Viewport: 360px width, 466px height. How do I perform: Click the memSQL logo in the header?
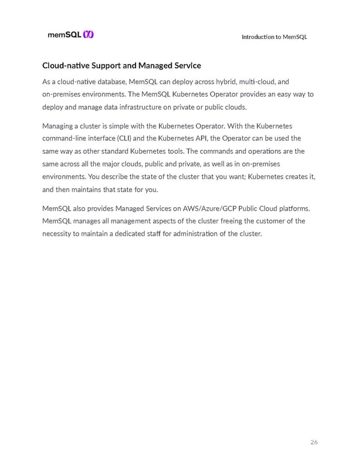[x=70, y=35]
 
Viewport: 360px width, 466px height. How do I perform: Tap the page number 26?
[x=314, y=443]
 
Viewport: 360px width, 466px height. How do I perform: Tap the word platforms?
[x=291, y=208]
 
